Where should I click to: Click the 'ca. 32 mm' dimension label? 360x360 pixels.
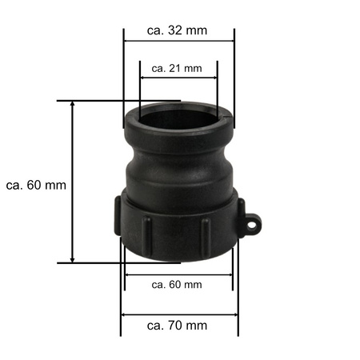178,30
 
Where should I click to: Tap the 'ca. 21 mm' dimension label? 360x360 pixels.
178,68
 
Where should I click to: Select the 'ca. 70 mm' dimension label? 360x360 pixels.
178,325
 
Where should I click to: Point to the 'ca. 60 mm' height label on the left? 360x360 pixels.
35,185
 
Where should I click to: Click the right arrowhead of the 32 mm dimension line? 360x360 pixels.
231,43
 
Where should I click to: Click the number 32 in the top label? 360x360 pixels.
178,30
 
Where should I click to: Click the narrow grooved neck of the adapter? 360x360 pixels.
178,172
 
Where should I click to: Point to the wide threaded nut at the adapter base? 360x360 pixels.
178,228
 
